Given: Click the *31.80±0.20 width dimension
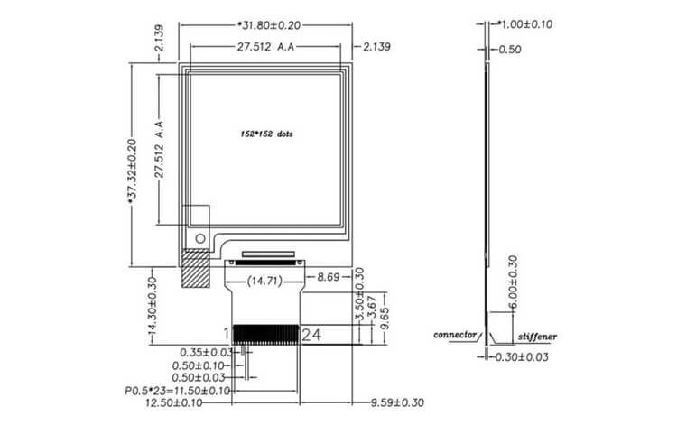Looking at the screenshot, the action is (269, 25).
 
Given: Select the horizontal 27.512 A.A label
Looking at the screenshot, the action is (265, 47).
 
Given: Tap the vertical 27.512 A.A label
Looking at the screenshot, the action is (160, 149).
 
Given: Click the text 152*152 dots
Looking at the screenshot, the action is (266, 134).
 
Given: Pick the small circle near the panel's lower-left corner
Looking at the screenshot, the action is (200, 238).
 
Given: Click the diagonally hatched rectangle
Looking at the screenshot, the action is (196, 268).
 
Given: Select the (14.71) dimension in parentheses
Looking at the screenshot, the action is (264, 282).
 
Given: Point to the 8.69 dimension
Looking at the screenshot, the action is (329, 277).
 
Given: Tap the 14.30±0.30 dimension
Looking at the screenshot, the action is (152, 306).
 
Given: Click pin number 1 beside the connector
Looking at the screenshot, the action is (227, 334).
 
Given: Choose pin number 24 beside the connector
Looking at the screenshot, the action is (311, 335).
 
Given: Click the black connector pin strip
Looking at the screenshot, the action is (265, 335).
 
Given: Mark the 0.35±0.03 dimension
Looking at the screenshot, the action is (207, 353).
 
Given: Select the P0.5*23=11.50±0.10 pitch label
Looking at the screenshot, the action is (178, 392).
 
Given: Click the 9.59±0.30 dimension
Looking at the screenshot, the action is (397, 403).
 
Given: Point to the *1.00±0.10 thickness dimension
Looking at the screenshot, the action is (525, 24).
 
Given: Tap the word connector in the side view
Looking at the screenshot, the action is (455, 335).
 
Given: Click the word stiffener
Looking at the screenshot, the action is (537, 337).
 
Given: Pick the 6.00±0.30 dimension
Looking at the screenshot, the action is (513, 282).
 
